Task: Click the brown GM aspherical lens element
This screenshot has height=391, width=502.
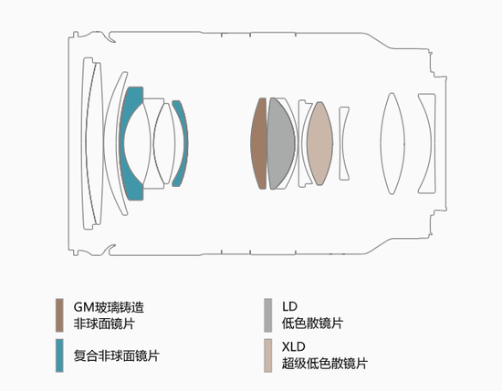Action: pyautogui.click(x=258, y=143)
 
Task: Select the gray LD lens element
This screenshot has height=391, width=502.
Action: pyautogui.click(x=280, y=143)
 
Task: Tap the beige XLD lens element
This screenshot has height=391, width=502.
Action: pyautogui.click(x=319, y=143)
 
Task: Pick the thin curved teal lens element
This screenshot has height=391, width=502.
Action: pyautogui.click(x=183, y=143)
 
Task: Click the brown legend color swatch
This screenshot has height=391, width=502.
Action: pyautogui.click(x=59, y=315)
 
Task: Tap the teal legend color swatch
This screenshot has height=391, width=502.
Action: pyautogui.click(x=59, y=355)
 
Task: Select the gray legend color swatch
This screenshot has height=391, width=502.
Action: pyautogui.click(x=268, y=315)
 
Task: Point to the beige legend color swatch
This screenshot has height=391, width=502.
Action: pyautogui.click(x=268, y=355)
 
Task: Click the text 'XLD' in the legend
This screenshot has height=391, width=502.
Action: pyautogui.click(x=294, y=346)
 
